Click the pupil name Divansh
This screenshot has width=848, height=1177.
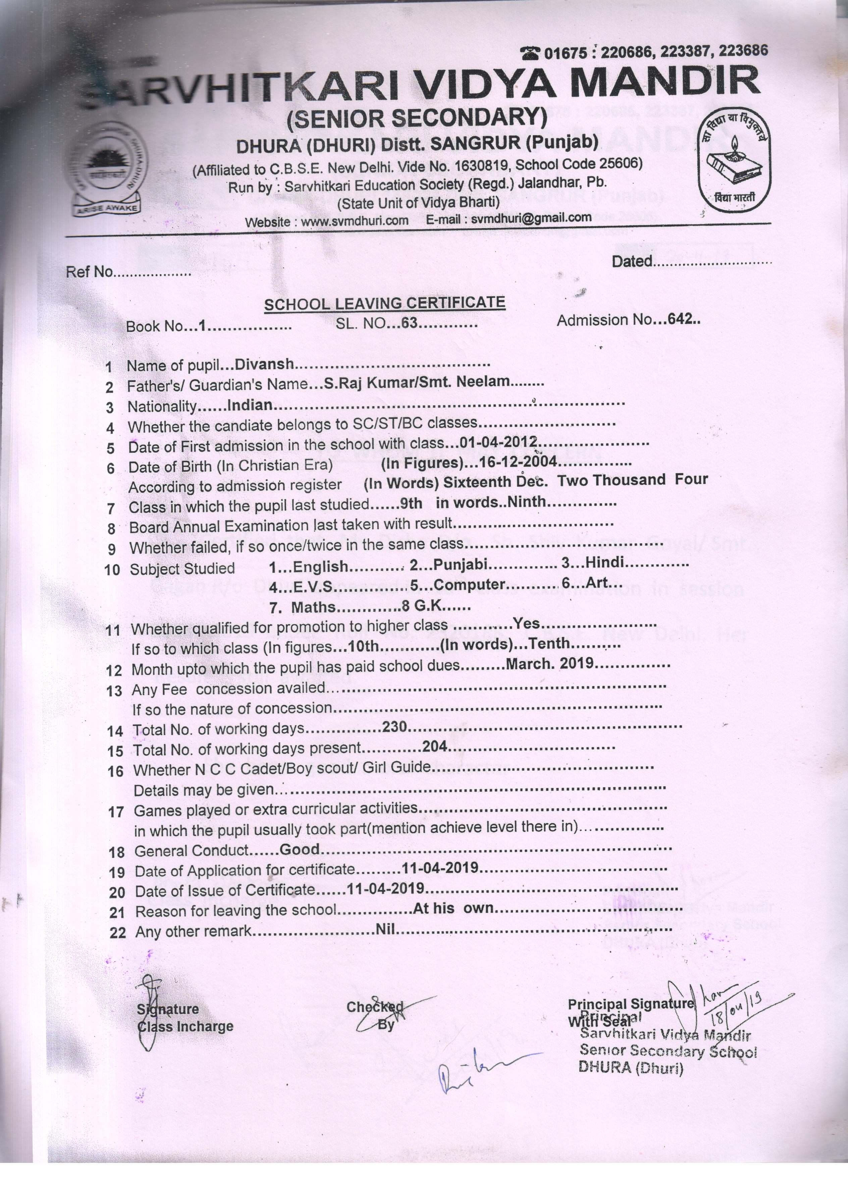[265, 364]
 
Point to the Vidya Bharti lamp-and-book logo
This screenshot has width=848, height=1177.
[733, 162]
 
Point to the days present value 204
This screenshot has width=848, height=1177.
[435, 746]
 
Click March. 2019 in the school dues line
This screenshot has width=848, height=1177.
[550, 664]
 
